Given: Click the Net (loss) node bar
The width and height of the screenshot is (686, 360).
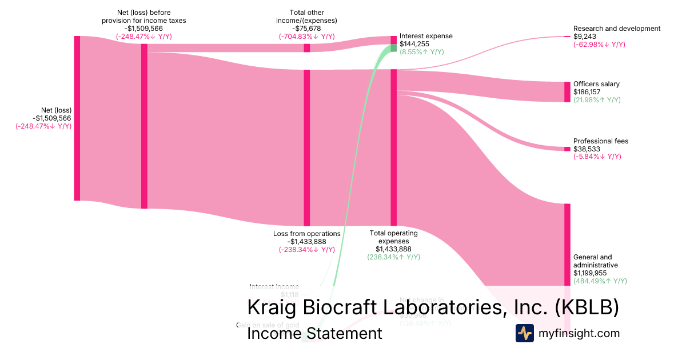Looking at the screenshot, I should click(x=77, y=118).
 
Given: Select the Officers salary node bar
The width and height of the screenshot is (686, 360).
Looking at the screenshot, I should click(x=567, y=92).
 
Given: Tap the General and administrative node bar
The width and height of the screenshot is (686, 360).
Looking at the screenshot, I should click(x=567, y=244).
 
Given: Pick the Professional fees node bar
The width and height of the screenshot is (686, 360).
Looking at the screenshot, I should click(x=567, y=149).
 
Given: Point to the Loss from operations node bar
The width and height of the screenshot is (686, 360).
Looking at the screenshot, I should click(x=306, y=147).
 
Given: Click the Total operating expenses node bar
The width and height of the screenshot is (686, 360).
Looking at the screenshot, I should click(x=393, y=147).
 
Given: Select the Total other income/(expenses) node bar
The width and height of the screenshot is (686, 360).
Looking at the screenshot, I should click(x=306, y=48).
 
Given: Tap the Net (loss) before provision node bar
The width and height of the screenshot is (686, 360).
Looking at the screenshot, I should click(x=144, y=126).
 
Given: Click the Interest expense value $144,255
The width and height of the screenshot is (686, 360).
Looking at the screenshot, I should click(x=414, y=44).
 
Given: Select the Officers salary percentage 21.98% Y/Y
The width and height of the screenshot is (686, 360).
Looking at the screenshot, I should click(x=597, y=100).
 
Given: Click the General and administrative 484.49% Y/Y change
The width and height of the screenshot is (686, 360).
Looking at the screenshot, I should click(x=600, y=281).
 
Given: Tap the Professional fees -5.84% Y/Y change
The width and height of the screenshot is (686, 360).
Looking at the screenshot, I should click(x=597, y=157).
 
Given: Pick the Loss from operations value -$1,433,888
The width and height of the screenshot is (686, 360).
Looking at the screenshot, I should click(x=307, y=242).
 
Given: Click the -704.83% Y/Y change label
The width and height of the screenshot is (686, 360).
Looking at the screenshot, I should click(x=306, y=37).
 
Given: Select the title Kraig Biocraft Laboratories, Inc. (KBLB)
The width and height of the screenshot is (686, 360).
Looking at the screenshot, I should click(x=433, y=307).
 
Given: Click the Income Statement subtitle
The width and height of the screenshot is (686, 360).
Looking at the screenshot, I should click(x=314, y=334).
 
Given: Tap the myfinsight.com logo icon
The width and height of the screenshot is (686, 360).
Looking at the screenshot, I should click(x=524, y=333).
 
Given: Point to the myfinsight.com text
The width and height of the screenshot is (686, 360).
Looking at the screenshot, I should click(x=579, y=333).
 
